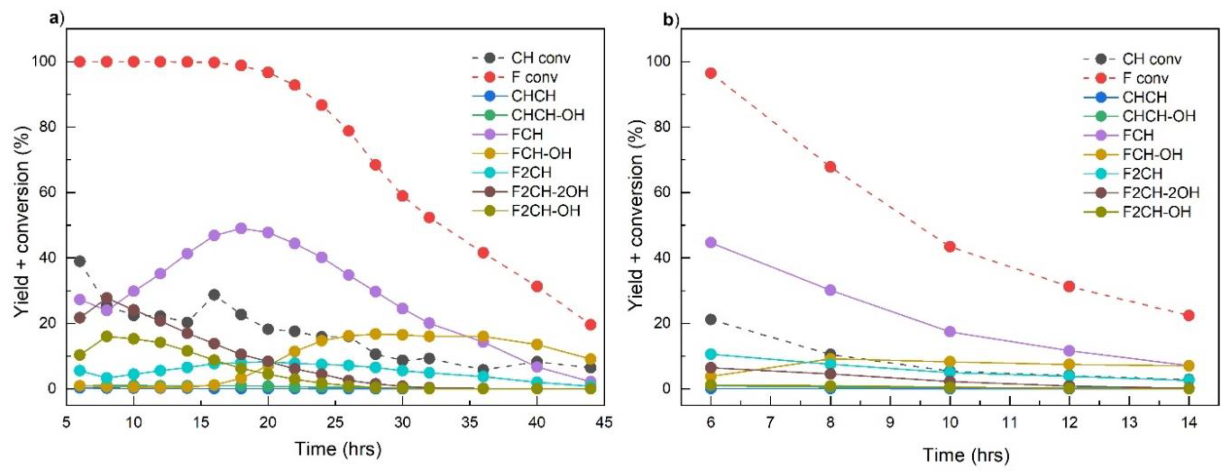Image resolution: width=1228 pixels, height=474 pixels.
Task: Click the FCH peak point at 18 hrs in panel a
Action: [241, 228]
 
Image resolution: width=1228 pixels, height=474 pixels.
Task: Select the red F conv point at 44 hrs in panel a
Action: [590, 324]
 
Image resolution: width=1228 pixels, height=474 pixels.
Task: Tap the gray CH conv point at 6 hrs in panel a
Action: [80, 261]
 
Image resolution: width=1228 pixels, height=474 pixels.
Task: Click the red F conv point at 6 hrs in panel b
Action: [711, 73]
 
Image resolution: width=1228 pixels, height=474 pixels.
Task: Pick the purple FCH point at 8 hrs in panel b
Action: [830, 290]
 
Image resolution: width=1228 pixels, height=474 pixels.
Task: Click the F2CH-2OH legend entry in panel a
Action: [549, 192]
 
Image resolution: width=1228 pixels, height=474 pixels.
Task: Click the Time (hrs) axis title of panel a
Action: [338, 449]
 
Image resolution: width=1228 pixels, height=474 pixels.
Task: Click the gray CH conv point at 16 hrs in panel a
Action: [214, 294]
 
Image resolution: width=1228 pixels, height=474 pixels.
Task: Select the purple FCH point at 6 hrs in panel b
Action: [711, 242]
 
